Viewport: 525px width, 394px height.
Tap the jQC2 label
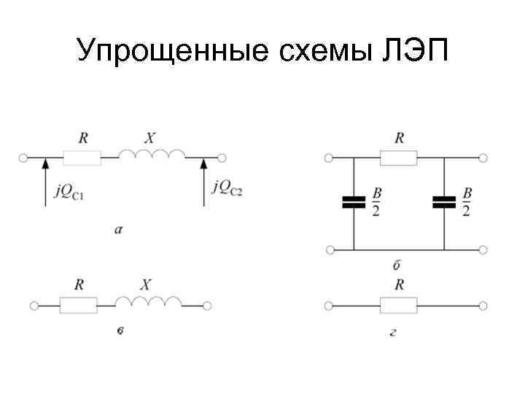227,188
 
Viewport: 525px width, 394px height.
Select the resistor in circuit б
399,157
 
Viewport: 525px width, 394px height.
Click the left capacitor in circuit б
354,202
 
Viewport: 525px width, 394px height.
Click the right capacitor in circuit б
443,202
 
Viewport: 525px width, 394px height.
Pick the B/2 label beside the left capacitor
376,202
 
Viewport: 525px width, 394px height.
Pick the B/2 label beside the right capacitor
466,202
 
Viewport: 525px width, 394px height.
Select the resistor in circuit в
79,304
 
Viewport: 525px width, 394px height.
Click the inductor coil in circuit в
147,301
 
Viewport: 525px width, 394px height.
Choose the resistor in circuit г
399,304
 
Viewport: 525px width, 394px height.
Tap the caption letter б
399,263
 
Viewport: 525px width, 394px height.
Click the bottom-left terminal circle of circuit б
330,250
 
